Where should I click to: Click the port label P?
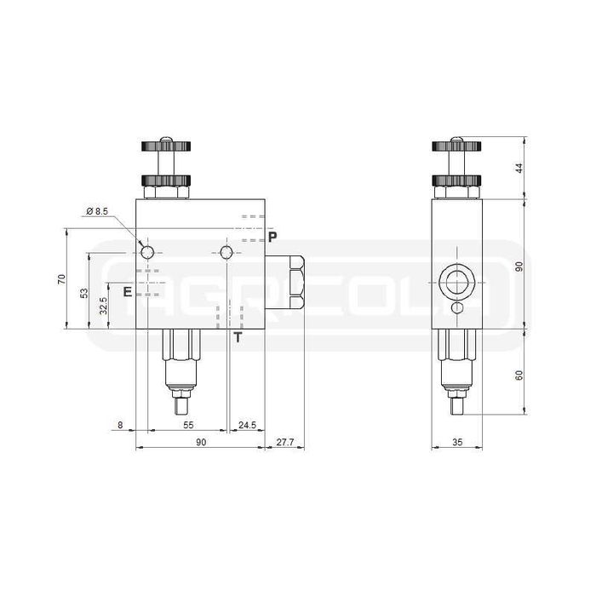point(272,236)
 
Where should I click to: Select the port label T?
point(238,338)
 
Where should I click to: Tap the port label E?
point(127,292)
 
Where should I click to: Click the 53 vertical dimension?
point(83,293)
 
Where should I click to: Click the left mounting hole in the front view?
point(148,251)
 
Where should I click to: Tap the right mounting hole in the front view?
point(226,251)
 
